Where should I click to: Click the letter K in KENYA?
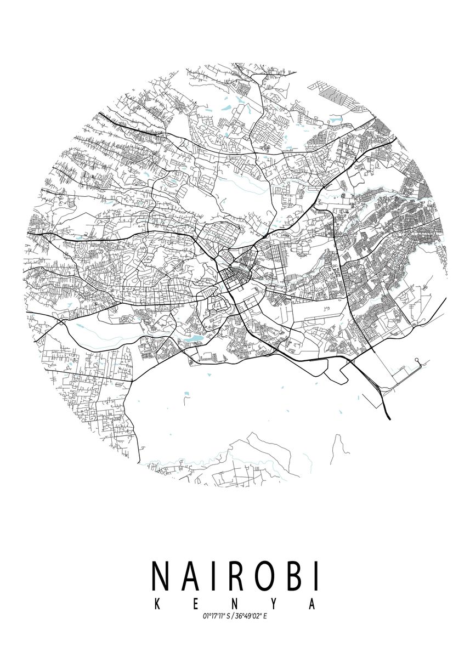click(x=157, y=604)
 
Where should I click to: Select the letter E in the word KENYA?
click(x=196, y=604)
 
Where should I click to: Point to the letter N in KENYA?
click(x=235, y=604)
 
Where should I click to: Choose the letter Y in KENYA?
click(x=274, y=604)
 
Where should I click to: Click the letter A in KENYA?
click(x=313, y=604)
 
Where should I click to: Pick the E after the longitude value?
click(x=265, y=616)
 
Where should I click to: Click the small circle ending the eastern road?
click(x=417, y=360)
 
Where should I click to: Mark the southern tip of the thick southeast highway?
click(x=389, y=419)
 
